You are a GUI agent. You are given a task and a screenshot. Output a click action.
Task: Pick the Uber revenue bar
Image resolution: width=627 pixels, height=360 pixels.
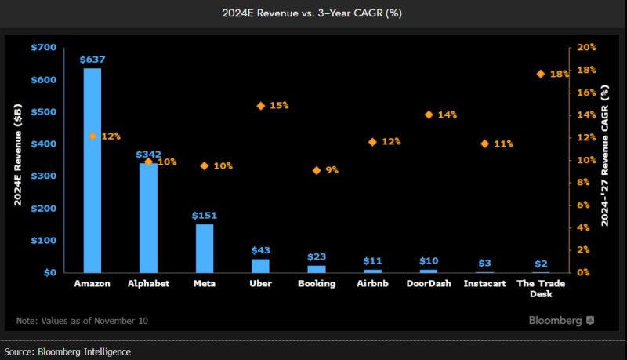click(x=260, y=265)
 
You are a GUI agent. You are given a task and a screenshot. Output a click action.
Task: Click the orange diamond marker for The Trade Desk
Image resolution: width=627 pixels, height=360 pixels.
click(x=541, y=74)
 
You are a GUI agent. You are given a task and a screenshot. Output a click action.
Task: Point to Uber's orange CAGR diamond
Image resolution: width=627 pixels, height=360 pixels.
click(x=260, y=105)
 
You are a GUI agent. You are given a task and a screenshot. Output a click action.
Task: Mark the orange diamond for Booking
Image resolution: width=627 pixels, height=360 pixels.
click(x=317, y=170)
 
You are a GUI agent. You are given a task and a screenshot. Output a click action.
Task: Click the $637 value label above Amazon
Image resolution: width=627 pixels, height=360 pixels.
click(x=92, y=60)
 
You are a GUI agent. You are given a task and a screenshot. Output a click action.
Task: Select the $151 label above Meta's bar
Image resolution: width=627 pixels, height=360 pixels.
click(x=205, y=215)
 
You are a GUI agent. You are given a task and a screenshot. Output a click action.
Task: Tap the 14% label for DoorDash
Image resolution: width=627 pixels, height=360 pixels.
click(x=448, y=115)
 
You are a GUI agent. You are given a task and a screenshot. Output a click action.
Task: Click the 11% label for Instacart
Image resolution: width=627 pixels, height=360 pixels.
click(x=503, y=144)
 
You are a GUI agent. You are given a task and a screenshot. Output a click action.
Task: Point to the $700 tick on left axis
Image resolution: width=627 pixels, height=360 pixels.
click(x=45, y=48)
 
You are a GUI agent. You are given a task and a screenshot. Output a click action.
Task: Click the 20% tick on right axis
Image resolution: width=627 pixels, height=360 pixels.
click(x=587, y=48)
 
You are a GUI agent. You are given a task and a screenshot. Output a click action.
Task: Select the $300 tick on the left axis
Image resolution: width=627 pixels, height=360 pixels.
click(x=45, y=176)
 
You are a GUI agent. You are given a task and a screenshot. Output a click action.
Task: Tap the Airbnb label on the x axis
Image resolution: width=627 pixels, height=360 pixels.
click(x=372, y=283)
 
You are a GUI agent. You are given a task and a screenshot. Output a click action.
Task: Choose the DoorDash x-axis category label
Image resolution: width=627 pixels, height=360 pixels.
click(x=429, y=283)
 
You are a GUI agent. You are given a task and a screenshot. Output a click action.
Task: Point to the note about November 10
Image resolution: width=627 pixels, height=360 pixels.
click(x=82, y=321)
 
